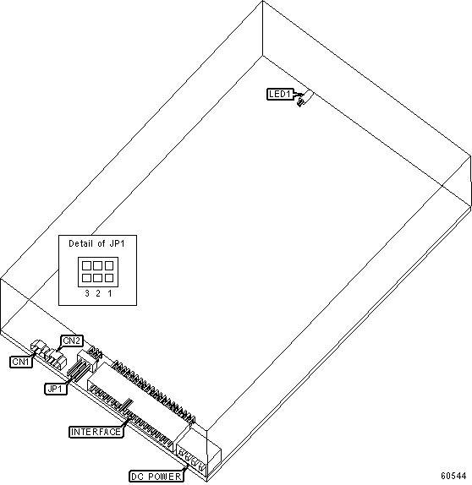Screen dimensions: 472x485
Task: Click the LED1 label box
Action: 280,94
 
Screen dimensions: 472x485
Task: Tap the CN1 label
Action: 21,362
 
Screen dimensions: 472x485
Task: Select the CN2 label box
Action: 72,341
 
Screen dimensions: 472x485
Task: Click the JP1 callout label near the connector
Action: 56,389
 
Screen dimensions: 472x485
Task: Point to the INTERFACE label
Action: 96,432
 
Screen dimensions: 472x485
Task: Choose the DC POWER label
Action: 156,477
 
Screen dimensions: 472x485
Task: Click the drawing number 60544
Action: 453,475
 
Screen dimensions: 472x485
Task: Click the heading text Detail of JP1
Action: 96,243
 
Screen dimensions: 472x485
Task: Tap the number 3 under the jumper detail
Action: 87,293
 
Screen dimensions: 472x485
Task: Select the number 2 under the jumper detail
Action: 98,293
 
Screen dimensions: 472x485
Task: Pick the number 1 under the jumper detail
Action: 110,293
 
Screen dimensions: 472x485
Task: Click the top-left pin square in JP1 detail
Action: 86,265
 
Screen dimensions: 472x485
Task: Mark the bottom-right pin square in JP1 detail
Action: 109,278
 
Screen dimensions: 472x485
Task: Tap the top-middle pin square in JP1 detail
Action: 97,265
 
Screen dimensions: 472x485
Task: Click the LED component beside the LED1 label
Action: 305,98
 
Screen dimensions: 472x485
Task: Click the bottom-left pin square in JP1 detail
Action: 86,278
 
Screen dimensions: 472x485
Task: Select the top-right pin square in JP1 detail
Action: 109,265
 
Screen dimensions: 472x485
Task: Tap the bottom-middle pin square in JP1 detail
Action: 97,278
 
